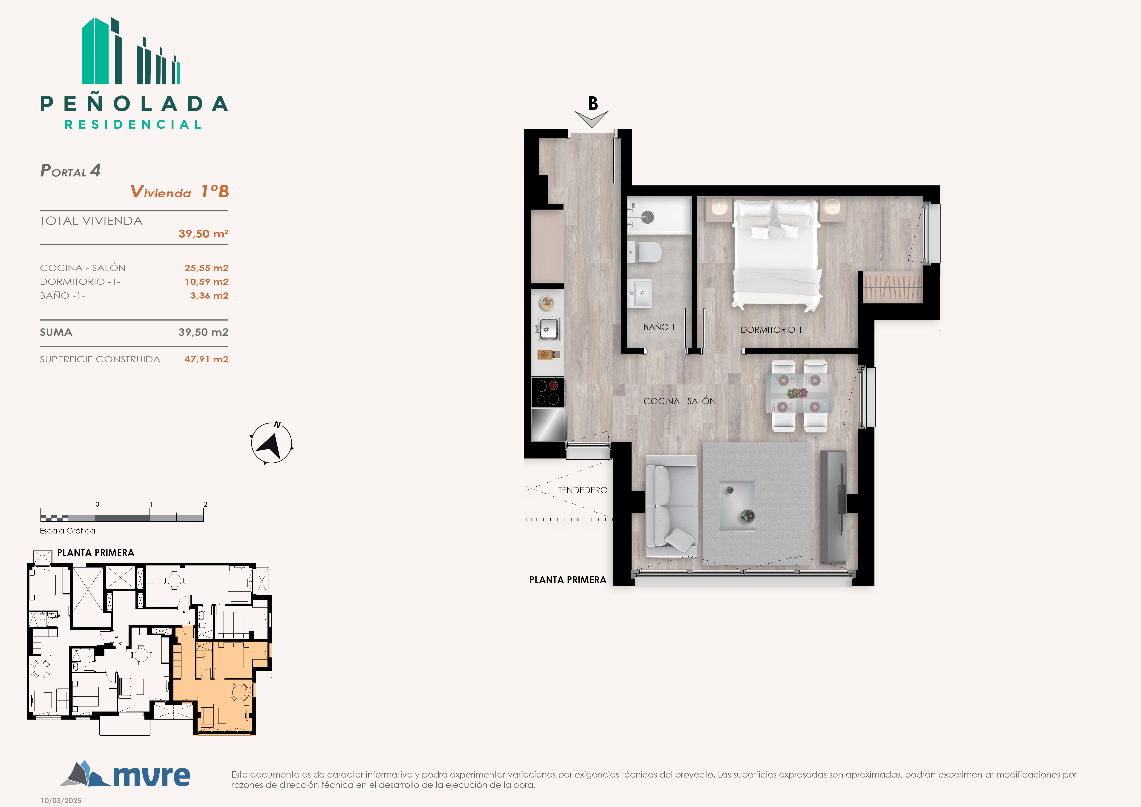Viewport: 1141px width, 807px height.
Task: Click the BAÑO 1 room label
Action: click(659, 327)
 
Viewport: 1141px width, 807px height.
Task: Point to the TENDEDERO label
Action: click(582, 490)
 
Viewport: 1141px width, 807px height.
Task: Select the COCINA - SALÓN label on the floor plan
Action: click(679, 401)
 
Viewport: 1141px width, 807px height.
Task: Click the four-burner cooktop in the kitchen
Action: click(548, 392)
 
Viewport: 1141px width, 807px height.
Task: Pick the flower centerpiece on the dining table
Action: click(797, 394)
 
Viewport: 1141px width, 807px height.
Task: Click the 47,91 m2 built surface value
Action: click(206, 359)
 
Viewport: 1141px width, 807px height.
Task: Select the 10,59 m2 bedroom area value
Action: click(206, 282)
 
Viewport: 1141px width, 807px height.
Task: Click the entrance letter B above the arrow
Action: click(593, 103)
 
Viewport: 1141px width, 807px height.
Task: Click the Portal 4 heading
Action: click(71, 170)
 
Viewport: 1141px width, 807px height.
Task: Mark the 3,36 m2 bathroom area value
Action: click(209, 296)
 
